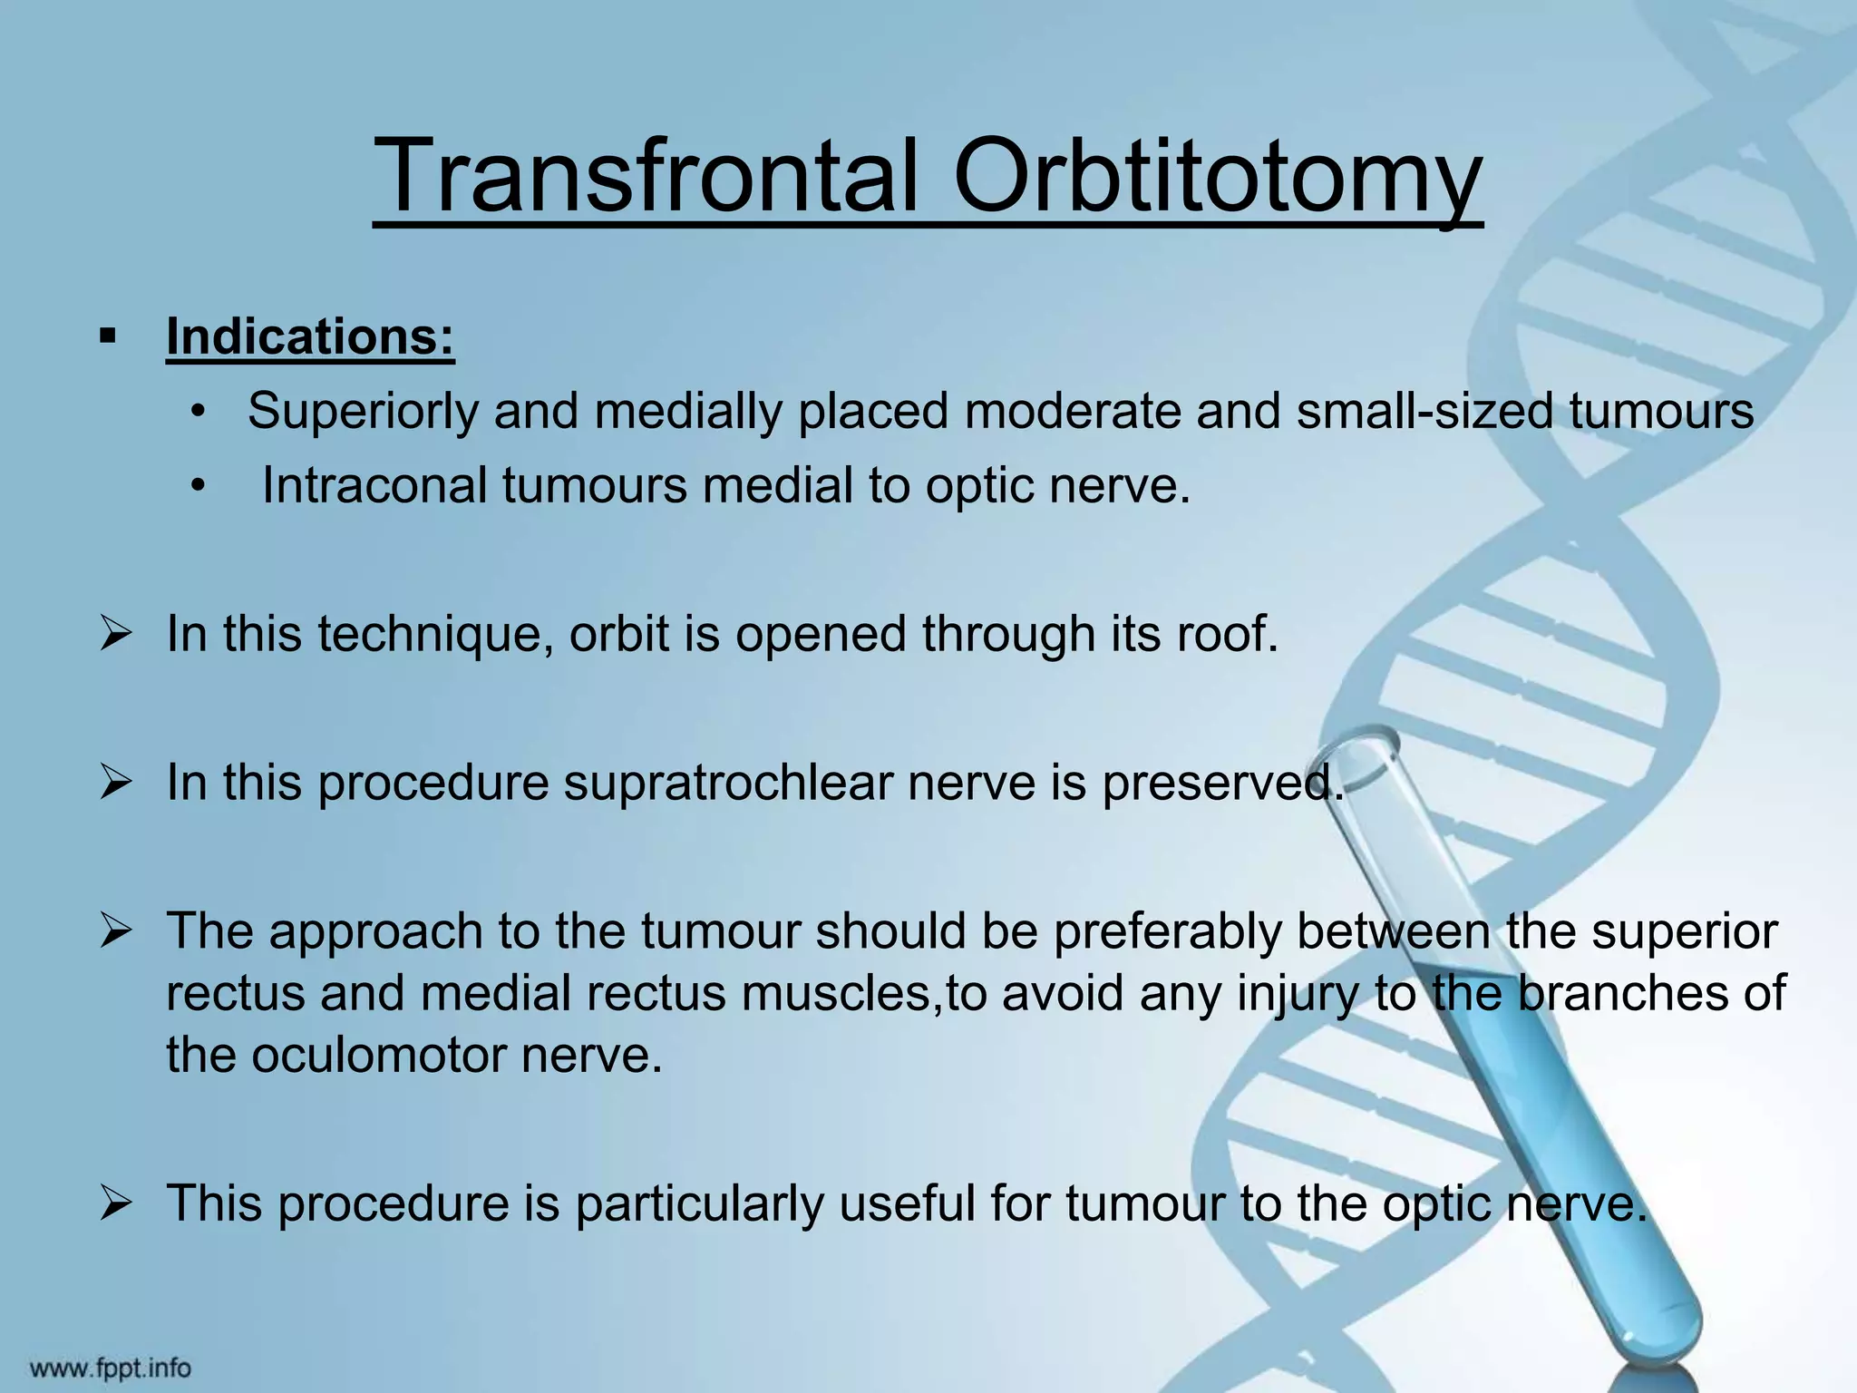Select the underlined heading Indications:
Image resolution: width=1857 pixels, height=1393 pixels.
pyautogui.click(x=310, y=337)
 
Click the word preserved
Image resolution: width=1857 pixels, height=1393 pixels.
pyautogui.click(x=1220, y=782)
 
